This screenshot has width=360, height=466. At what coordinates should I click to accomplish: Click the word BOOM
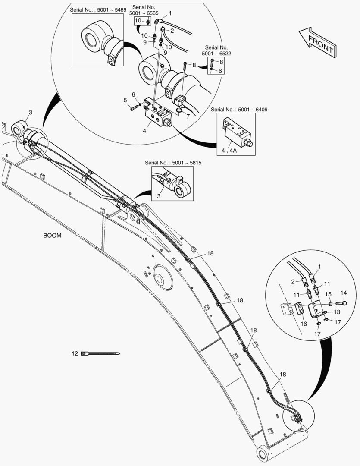pos(52,236)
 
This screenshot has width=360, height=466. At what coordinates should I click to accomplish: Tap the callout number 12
pos(74,353)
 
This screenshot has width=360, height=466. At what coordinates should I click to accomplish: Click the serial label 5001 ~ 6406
pos(239,110)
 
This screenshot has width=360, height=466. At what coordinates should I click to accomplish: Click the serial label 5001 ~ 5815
pos(173,163)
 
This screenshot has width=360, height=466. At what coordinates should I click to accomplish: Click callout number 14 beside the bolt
pos(344,293)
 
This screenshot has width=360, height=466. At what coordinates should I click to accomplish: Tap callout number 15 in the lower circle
pos(328,294)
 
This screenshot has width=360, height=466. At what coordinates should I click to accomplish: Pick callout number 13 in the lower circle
pos(337,312)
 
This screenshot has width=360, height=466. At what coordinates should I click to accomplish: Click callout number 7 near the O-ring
pos(187,116)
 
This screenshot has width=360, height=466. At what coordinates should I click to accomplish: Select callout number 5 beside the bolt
pos(125,100)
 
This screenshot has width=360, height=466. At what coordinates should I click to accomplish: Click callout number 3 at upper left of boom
pos(30,113)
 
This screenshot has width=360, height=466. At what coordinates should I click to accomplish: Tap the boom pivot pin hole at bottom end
pos(262,453)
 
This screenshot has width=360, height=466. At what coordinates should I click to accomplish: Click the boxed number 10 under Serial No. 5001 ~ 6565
pos(138,20)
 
